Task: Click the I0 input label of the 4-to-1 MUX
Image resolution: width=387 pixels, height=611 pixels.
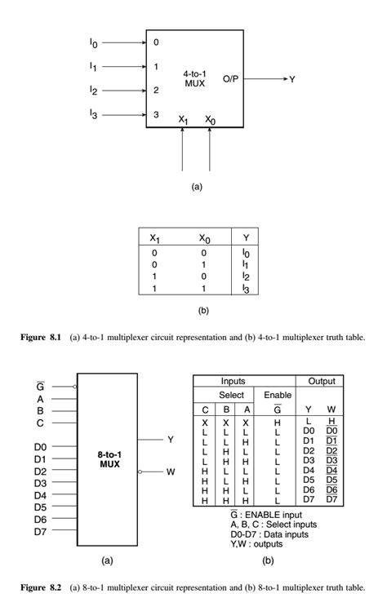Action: [x=93, y=42]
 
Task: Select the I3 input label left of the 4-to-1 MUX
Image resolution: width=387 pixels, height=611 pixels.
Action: [x=93, y=115]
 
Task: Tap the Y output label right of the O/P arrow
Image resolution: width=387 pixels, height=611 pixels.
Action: [x=291, y=78]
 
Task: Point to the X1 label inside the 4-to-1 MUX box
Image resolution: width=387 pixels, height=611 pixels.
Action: [x=183, y=119]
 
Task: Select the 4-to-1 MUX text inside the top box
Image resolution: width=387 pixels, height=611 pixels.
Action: [x=195, y=78]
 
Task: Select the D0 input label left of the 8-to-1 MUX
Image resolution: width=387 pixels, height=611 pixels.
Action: [x=40, y=447]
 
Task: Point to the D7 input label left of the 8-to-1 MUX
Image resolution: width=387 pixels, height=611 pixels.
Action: [x=40, y=531]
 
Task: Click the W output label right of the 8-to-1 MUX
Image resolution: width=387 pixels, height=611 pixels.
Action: [x=171, y=472]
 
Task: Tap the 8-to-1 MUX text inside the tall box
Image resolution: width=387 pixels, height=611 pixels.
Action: [x=107, y=454]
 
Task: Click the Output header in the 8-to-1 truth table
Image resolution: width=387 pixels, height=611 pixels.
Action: [x=320, y=381]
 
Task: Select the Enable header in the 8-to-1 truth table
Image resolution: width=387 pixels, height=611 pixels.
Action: [x=278, y=394]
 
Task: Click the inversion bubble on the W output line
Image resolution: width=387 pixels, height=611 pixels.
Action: [x=140, y=472]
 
